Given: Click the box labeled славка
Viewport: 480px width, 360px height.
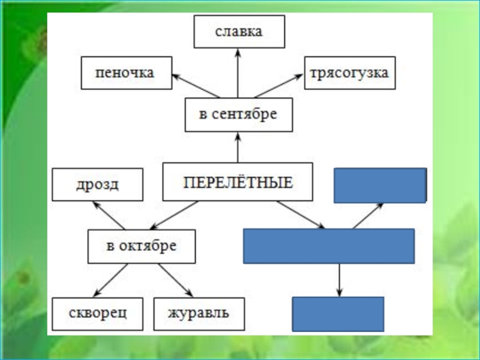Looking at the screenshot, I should [x=239, y=32].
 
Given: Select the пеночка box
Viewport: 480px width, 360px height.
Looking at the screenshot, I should [x=126, y=73].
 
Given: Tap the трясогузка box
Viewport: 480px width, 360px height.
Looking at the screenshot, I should [x=350, y=73].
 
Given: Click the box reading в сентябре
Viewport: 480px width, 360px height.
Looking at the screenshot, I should [x=238, y=115].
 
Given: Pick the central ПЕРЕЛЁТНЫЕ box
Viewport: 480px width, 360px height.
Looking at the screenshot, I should [x=238, y=181].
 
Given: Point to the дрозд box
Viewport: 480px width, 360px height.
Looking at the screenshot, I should [x=97, y=184].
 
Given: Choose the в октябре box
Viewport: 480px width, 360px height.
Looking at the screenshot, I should [x=142, y=246].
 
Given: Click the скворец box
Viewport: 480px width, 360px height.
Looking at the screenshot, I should [x=97, y=313].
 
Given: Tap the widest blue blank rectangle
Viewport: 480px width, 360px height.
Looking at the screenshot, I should [x=329, y=246].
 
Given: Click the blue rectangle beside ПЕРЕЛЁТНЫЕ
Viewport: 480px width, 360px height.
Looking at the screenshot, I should [x=380, y=185].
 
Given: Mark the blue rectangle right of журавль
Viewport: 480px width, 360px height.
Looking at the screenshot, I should [x=338, y=314].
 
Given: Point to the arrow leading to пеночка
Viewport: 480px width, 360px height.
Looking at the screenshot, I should [x=196, y=85].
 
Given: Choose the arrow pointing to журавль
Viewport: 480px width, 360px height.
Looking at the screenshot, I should [x=175, y=280].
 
